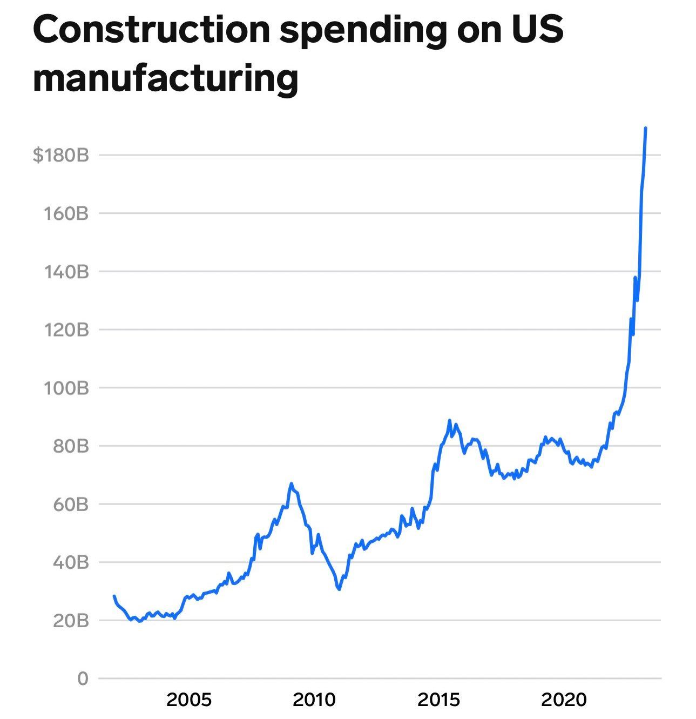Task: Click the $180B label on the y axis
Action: pyautogui.click(x=60, y=156)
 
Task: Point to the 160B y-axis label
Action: pyautogui.click(x=65, y=213)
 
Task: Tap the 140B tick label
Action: pyautogui.click(x=65, y=271)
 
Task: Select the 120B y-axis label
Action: pyautogui.click(x=65, y=330)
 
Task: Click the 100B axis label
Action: pyautogui.click(x=65, y=388)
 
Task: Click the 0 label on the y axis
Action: pyautogui.click(x=82, y=678)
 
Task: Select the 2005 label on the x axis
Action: pyautogui.click(x=189, y=700)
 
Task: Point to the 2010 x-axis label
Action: pyautogui.click(x=314, y=700)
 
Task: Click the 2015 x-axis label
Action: pyautogui.click(x=439, y=700)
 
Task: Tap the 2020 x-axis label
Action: pyautogui.click(x=564, y=700)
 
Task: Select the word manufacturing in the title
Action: pyautogui.click(x=165, y=78)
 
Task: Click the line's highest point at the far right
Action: pyautogui.click(x=646, y=128)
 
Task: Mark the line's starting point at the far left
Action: pyautogui.click(x=114, y=596)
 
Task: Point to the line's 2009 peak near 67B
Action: pyautogui.click(x=291, y=483)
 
